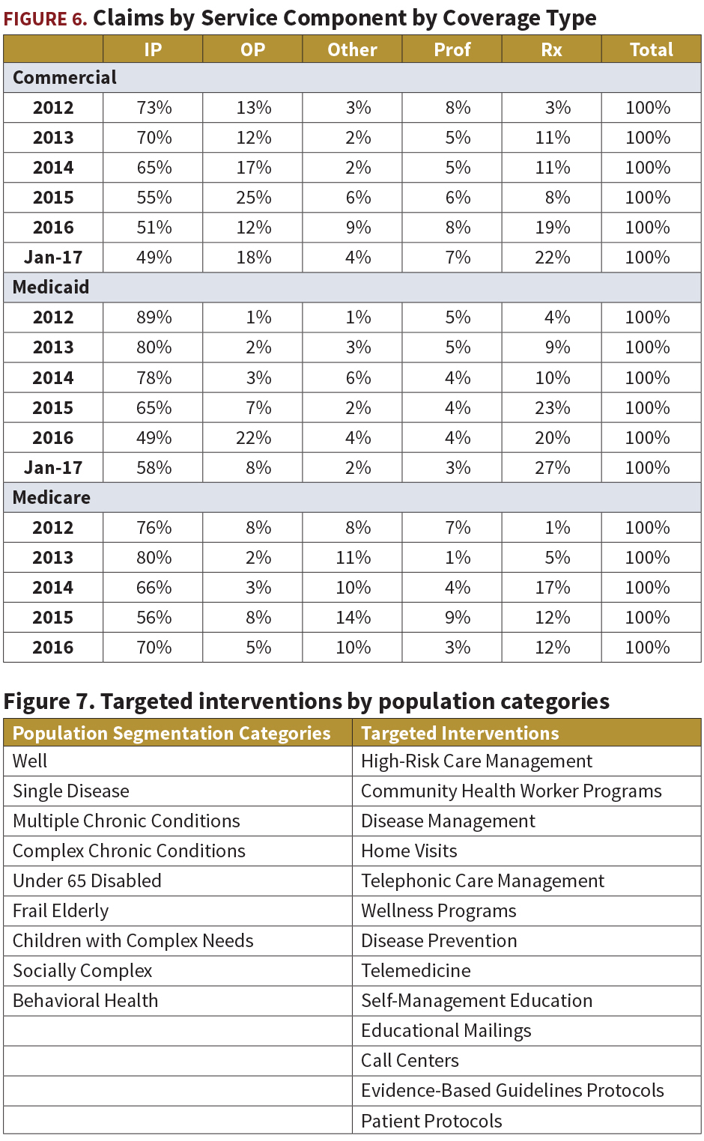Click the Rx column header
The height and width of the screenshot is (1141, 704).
(x=551, y=49)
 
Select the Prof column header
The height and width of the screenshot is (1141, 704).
(x=452, y=49)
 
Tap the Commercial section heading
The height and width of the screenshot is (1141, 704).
(x=64, y=77)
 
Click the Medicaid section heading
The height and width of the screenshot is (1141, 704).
(x=51, y=287)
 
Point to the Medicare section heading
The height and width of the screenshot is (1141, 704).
(x=52, y=497)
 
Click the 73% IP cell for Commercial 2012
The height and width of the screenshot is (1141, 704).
(x=154, y=108)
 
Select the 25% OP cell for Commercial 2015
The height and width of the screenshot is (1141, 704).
(x=254, y=197)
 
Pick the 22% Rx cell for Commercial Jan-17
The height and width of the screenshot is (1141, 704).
(x=552, y=258)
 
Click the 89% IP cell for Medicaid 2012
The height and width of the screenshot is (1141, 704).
(x=154, y=317)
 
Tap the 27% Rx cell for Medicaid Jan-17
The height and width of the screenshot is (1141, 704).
(x=552, y=468)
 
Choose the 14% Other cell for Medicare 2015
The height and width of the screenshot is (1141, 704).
(x=353, y=618)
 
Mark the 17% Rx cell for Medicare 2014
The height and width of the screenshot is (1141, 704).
(x=552, y=587)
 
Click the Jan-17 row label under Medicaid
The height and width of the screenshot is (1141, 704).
(x=53, y=468)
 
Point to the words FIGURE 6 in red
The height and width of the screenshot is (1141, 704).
(x=45, y=19)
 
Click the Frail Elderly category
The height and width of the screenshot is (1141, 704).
(x=61, y=910)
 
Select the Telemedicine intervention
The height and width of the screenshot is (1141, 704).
(x=416, y=970)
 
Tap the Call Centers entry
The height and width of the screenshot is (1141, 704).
(x=410, y=1061)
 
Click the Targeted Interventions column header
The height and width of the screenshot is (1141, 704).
(x=460, y=733)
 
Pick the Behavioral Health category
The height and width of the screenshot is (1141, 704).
(x=85, y=1000)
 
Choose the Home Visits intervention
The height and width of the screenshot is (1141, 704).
(x=409, y=851)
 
